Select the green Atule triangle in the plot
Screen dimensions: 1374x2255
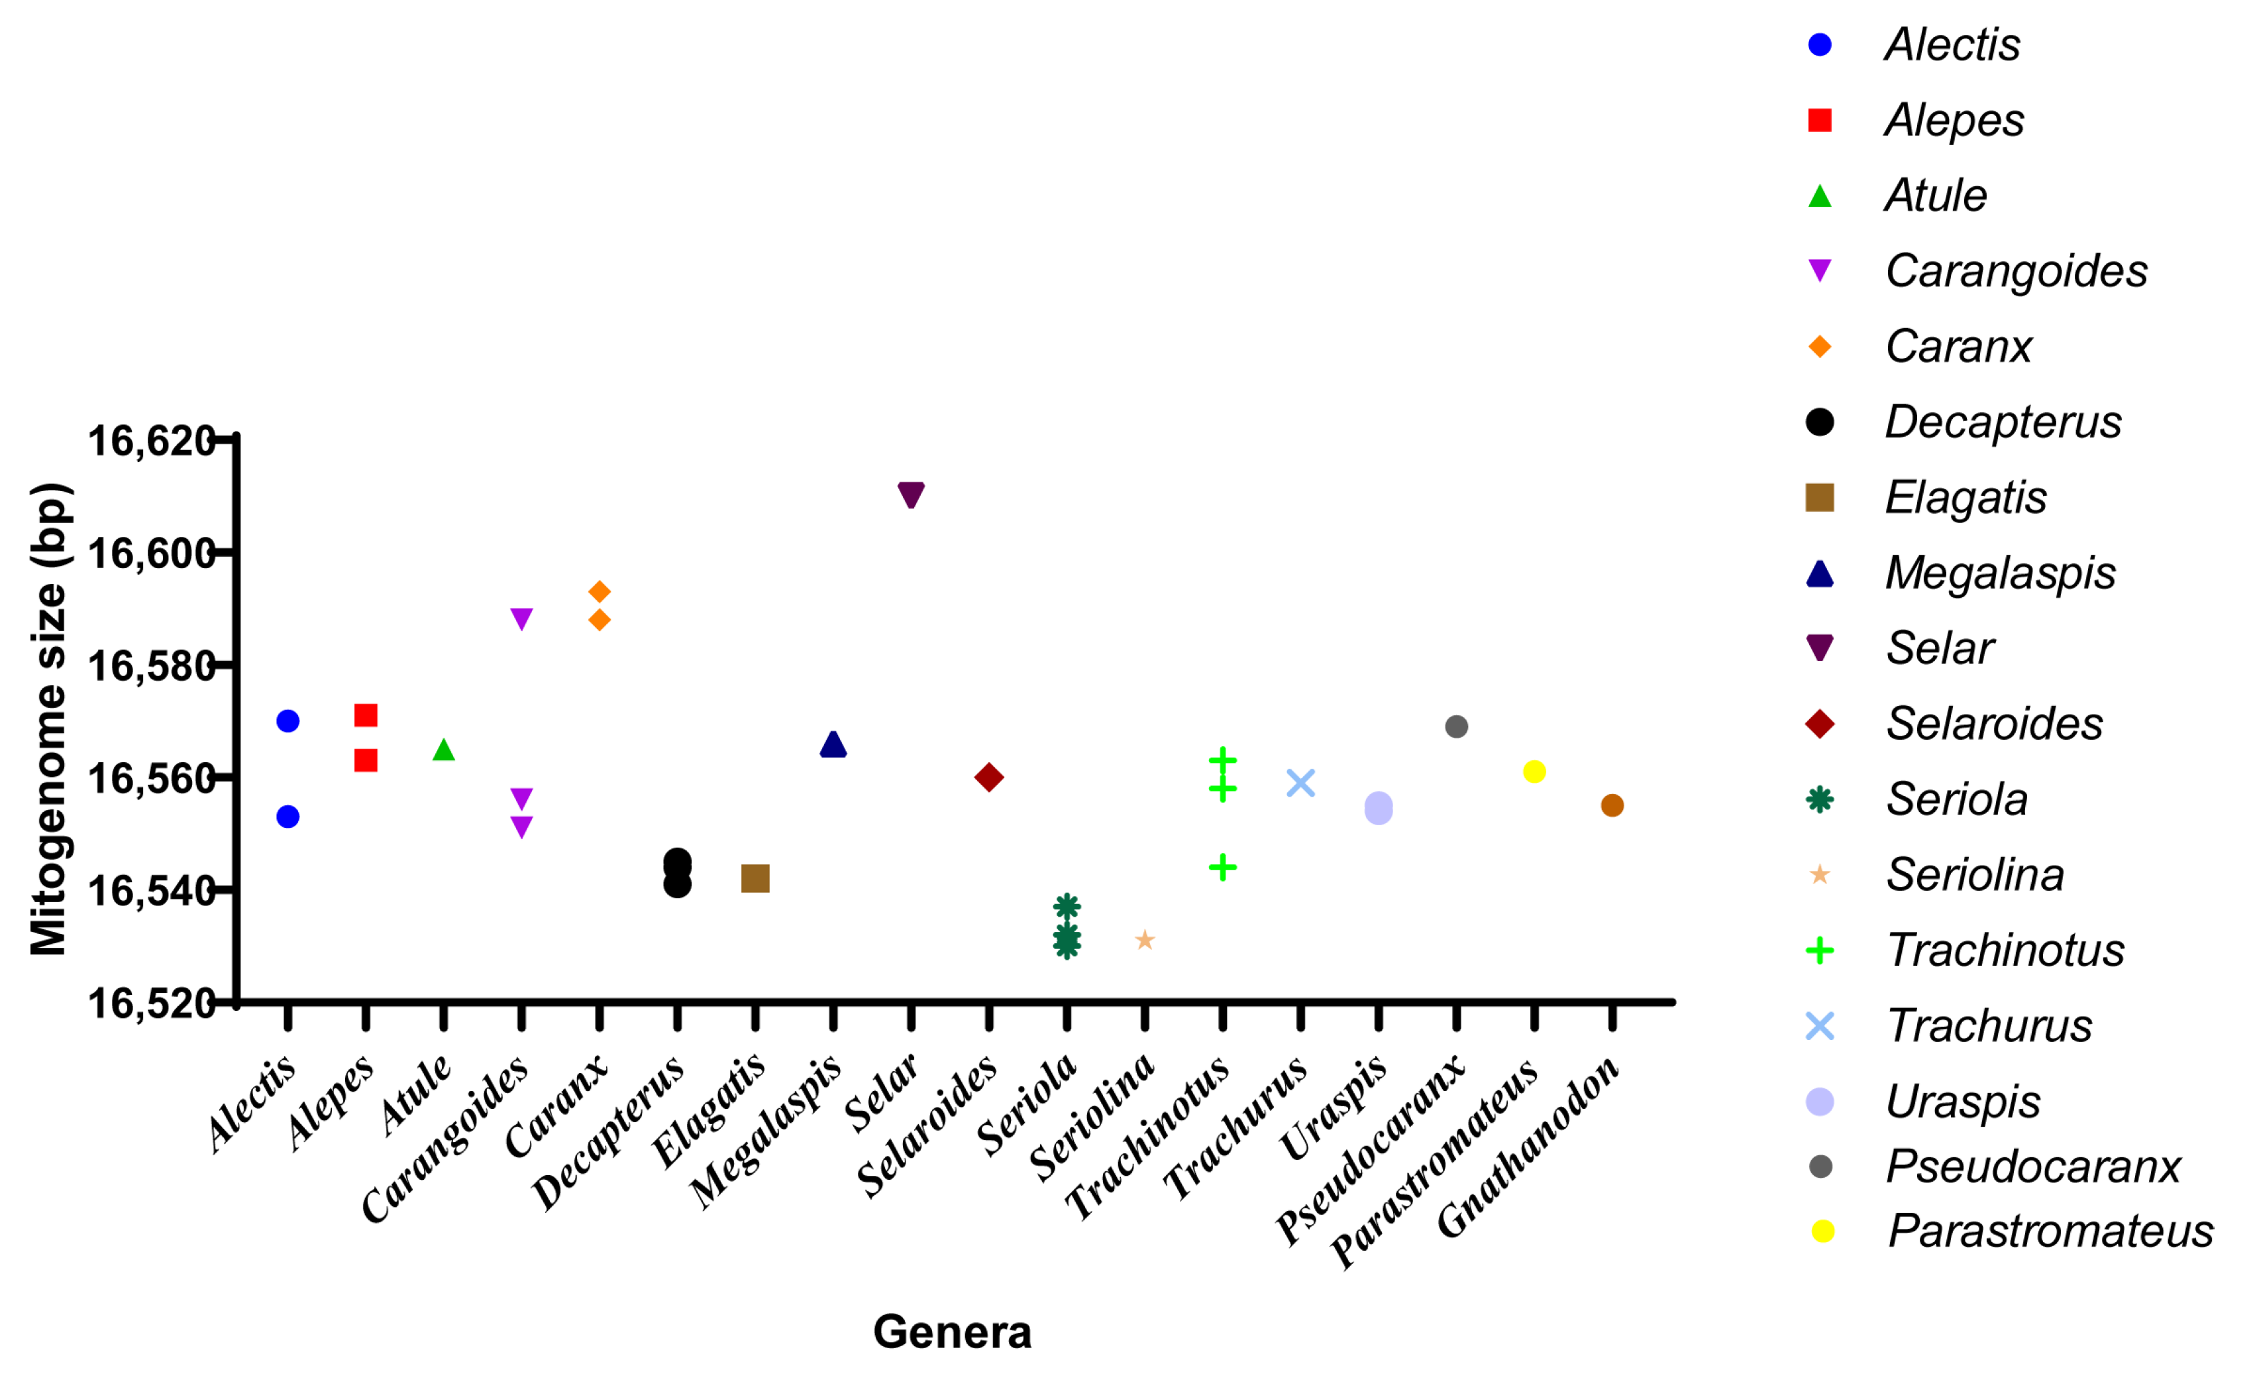444,750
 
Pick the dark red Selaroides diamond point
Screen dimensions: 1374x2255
988,778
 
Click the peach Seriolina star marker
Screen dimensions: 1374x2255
1145,940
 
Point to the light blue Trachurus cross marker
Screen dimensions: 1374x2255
1300,783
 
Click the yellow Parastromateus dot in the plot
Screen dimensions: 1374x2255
1535,772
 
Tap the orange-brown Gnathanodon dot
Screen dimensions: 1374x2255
1612,805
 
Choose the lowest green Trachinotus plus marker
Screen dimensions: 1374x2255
1223,867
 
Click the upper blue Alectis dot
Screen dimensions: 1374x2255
288,721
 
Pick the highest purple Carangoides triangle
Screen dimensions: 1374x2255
521,619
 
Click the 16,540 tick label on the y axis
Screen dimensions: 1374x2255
151,889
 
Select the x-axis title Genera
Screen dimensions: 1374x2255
952,1332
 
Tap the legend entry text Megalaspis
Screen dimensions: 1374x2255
2000,573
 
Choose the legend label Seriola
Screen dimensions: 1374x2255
1957,799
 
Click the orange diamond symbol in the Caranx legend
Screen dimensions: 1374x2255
1820,347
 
